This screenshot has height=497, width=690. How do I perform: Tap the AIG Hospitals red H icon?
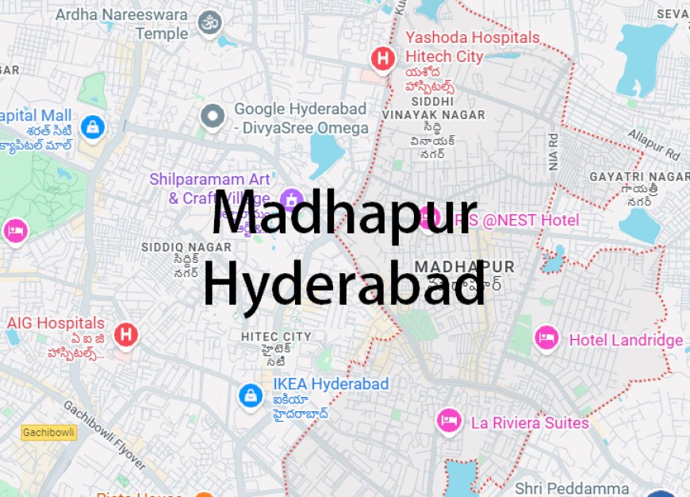coord(125,334)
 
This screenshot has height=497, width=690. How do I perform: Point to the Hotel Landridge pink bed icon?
coord(546,338)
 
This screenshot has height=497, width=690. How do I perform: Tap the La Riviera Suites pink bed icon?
coord(449,421)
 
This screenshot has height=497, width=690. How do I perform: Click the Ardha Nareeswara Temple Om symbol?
coord(210,24)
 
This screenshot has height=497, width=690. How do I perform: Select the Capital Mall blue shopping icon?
coord(94,127)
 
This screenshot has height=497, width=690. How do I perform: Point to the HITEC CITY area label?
coord(276,337)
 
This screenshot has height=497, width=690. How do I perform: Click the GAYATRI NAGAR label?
coord(639,176)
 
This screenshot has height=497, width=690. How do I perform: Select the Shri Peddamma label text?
coord(572,487)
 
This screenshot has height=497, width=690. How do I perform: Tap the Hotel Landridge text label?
coord(626,341)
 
